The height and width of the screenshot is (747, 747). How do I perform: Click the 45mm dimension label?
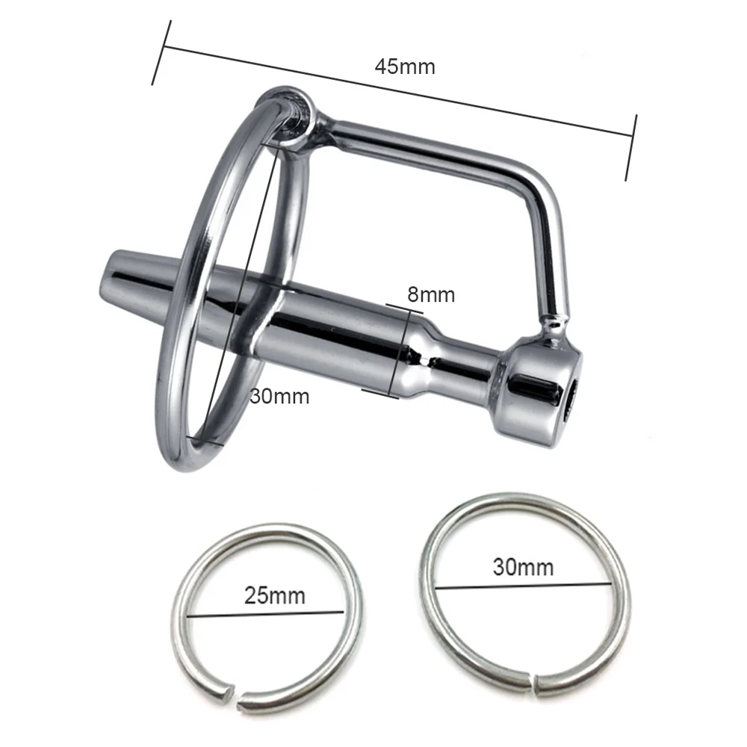click(x=405, y=66)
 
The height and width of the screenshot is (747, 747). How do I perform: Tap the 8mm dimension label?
click(x=431, y=295)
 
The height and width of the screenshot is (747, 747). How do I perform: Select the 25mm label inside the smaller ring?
click(x=275, y=595)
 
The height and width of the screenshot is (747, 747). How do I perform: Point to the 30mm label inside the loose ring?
click(x=523, y=567)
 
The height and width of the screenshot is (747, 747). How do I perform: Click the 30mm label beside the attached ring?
click(x=279, y=397)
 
